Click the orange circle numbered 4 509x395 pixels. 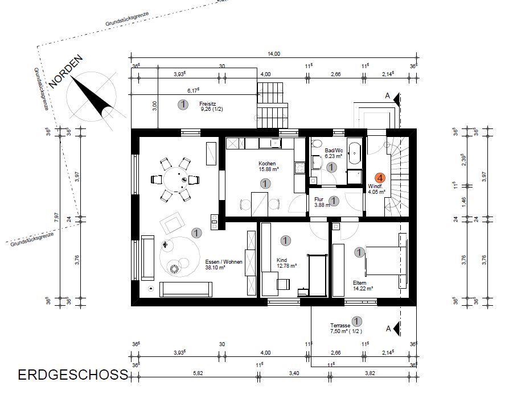(380, 178)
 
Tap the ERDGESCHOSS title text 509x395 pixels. (73, 375)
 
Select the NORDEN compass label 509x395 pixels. (66, 72)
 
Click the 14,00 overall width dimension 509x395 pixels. (274, 54)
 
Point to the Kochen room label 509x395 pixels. (267, 164)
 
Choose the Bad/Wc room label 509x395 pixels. (334, 151)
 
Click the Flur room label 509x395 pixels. (319, 199)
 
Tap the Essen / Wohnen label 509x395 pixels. (224, 262)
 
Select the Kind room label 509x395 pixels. (282, 260)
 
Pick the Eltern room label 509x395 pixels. (359, 283)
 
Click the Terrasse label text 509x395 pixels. (340, 326)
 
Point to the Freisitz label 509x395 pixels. (207, 104)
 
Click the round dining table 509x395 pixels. (175, 179)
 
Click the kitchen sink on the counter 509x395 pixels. (275, 143)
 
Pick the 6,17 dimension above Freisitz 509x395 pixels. (193, 91)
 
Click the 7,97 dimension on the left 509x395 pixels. (57, 217)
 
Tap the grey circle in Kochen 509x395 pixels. (265, 184)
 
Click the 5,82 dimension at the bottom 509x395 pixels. (198, 373)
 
